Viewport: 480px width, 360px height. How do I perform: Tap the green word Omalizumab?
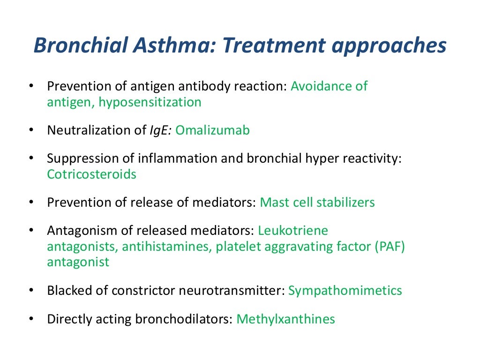coord(212,130)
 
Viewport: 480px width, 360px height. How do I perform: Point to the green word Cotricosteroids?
coord(91,174)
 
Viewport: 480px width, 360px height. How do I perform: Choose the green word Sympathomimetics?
coord(345,291)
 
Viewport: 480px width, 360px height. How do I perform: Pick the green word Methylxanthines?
coord(285,319)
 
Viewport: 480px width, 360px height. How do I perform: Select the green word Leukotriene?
coord(293,231)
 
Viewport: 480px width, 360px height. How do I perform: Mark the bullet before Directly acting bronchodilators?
coord(31,319)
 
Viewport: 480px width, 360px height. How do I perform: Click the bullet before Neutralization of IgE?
coord(31,130)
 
